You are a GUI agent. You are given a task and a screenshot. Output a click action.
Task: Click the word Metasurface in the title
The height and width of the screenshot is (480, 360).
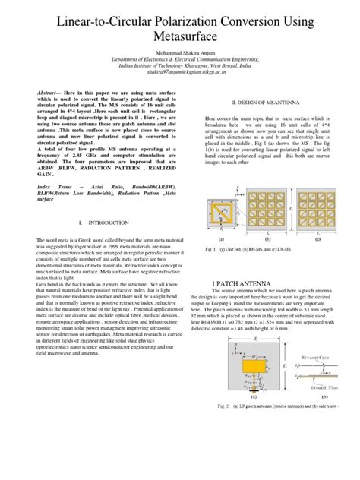(179, 37)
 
